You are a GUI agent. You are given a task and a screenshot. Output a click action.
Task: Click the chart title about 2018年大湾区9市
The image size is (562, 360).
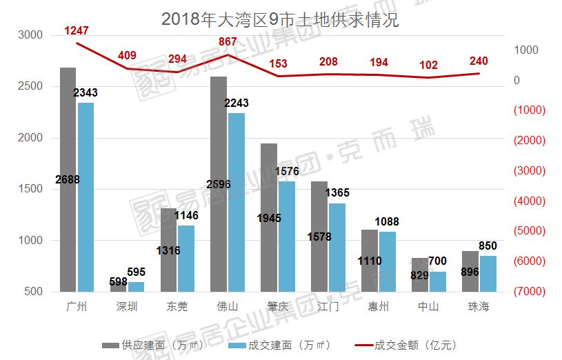pos(280,19)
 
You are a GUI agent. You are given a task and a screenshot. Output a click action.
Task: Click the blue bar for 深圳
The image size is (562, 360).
pos(136,286)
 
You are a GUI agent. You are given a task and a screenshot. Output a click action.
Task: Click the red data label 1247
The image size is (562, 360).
pos(77,30)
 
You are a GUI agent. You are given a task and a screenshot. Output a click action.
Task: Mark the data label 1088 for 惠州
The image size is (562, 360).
pos(387,221)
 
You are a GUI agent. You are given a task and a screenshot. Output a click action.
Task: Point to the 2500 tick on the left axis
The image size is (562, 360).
pos(30,86)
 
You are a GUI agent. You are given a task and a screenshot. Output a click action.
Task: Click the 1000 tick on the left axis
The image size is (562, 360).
pos(30,241)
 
